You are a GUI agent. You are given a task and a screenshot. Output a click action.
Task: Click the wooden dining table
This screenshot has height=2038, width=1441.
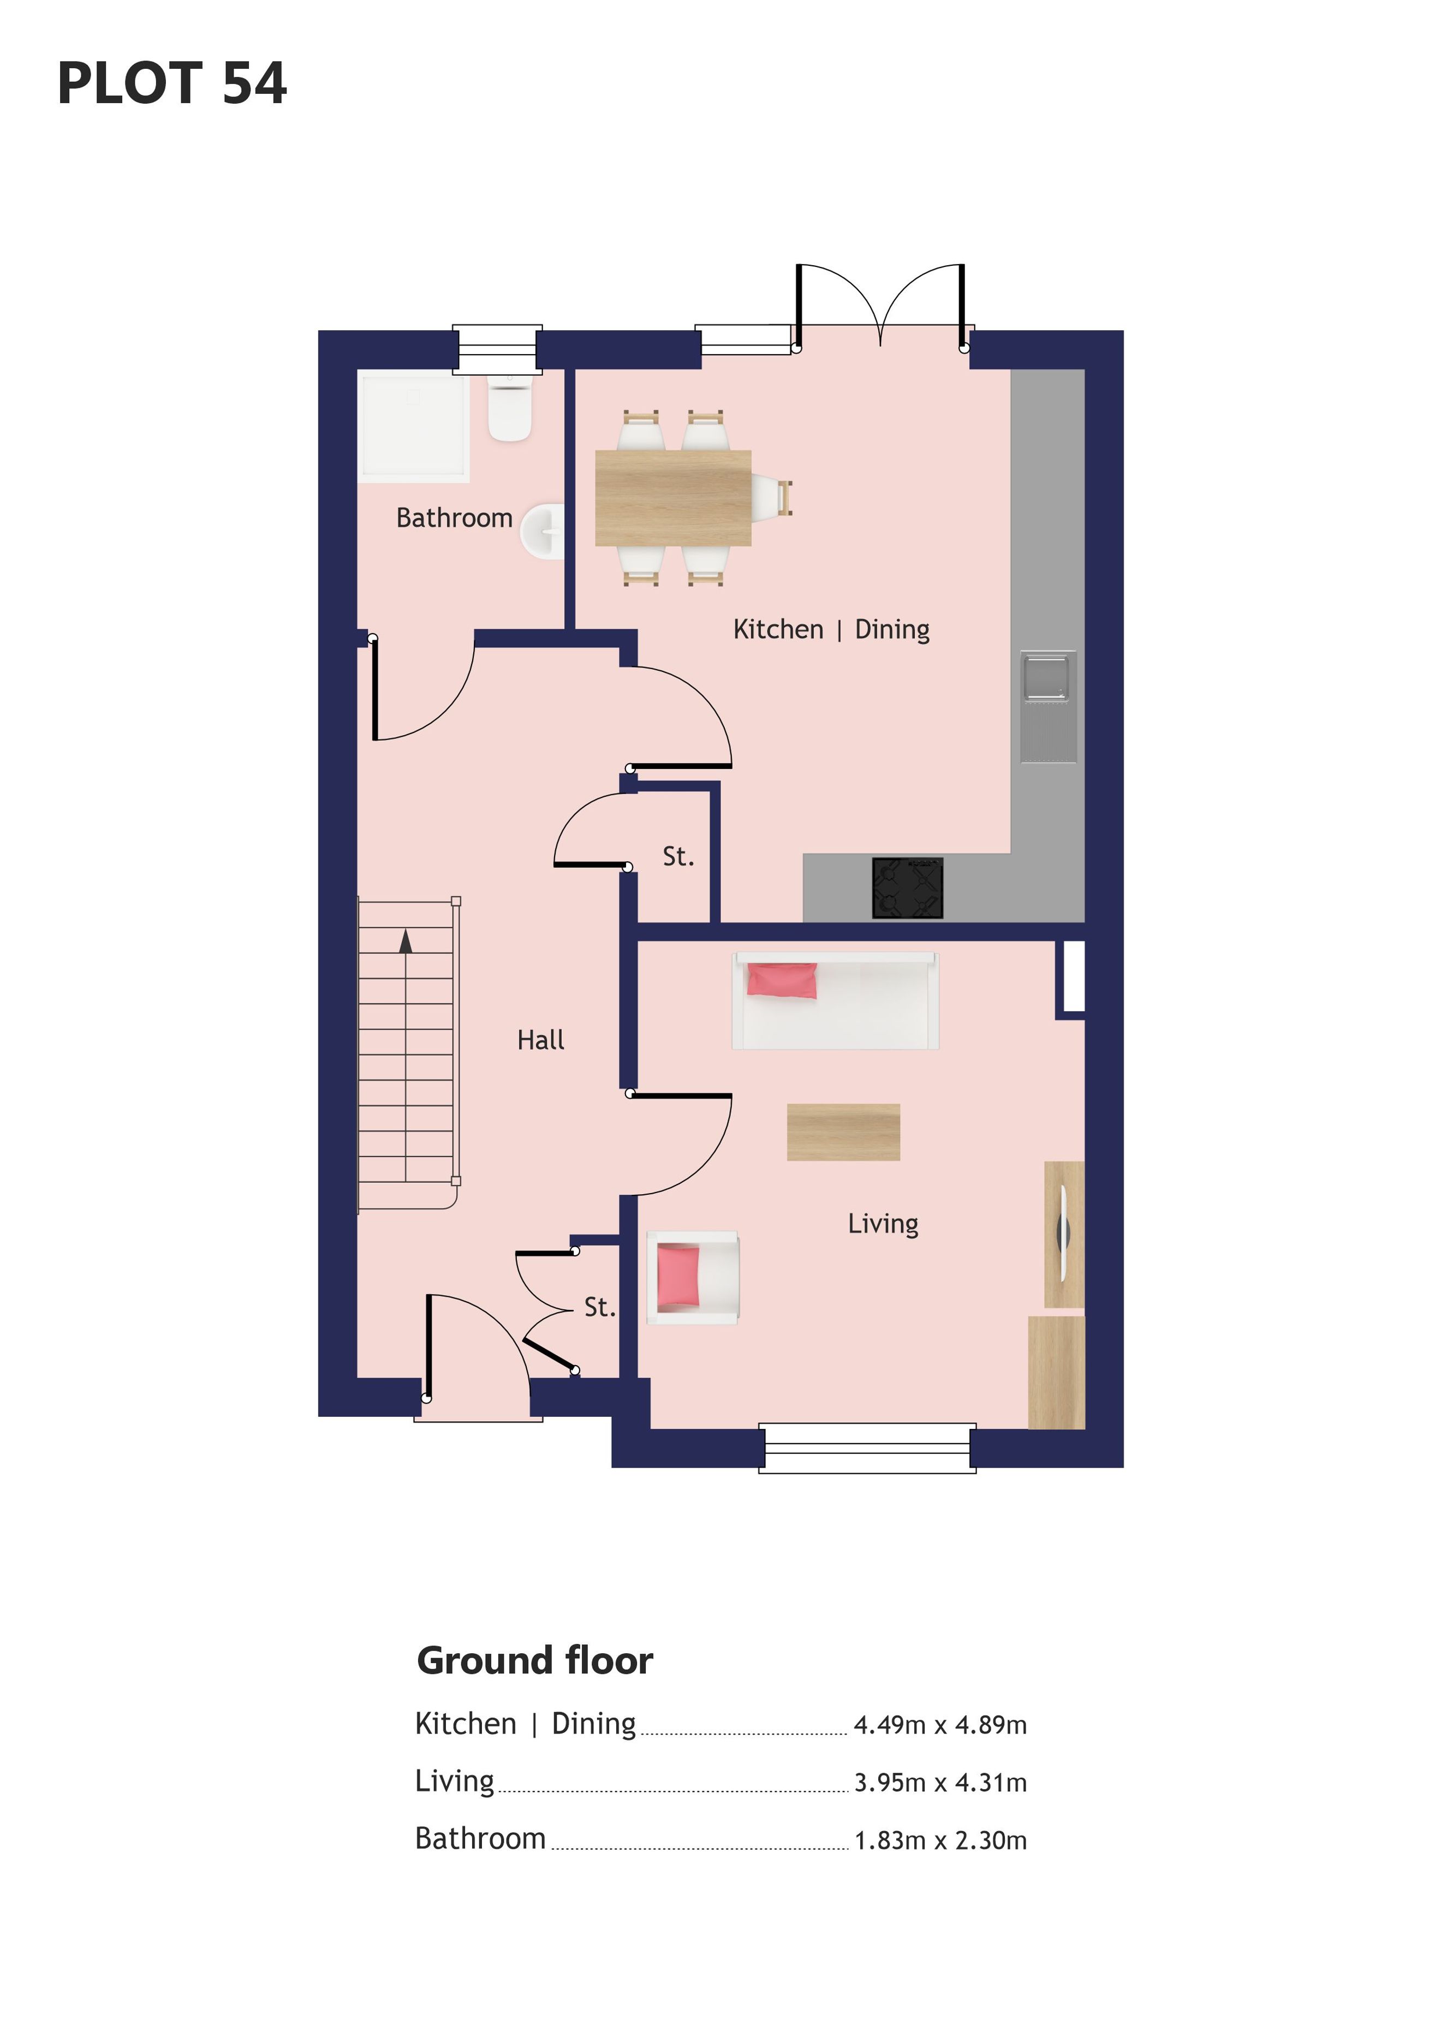tap(673, 498)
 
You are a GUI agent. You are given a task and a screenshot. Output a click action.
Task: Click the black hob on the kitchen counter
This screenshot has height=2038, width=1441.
tap(907, 887)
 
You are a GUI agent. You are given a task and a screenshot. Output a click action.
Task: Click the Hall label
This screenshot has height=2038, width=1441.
tap(541, 1040)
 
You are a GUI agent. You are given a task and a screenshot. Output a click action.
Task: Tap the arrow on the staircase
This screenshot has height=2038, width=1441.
tap(406, 941)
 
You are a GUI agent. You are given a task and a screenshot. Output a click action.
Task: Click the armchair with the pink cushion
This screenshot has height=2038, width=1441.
tap(693, 1277)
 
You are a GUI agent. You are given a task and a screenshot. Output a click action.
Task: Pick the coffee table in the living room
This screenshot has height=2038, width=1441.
tap(843, 1132)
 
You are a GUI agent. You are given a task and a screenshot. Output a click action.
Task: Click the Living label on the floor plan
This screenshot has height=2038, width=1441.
tap(883, 1224)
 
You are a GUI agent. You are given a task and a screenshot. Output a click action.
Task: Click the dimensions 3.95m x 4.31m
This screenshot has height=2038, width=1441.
tap(940, 1783)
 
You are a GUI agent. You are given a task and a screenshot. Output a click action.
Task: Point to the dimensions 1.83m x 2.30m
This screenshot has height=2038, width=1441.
tap(940, 1841)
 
